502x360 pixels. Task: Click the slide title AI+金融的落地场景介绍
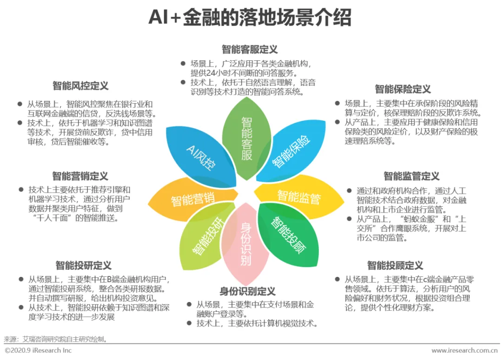click(250, 18)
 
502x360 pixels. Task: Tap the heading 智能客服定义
click(250, 50)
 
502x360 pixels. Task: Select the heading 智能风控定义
click(80, 86)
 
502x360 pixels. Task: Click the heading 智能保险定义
click(403, 89)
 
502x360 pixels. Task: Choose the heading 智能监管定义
click(411, 177)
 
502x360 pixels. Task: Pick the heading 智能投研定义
click(83, 266)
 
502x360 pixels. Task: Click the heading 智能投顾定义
click(395, 266)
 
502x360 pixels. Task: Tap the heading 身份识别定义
click(248, 291)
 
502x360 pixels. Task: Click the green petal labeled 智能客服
click(247, 139)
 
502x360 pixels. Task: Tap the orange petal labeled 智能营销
click(192, 200)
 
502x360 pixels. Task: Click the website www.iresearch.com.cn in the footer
click(464, 351)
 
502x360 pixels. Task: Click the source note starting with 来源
click(56, 339)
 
